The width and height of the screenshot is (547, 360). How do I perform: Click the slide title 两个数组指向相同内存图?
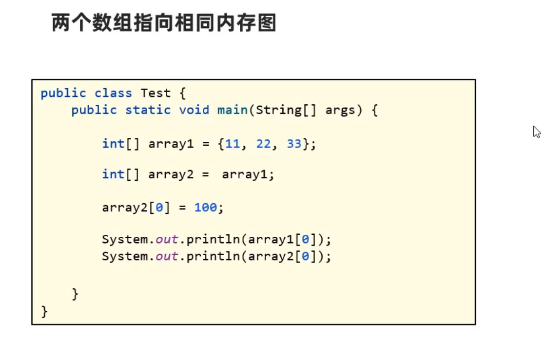tap(164, 23)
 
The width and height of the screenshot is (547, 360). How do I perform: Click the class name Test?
tap(156, 93)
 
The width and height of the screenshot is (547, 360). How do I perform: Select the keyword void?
tap(194, 110)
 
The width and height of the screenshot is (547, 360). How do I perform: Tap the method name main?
tap(233, 110)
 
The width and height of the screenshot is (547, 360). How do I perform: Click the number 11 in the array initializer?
tap(233, 144)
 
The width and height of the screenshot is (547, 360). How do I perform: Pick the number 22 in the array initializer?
tap(263, 144)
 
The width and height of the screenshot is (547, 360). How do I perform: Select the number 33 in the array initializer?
tap(294, 144)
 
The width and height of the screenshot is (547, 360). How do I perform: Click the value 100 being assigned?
tap(205, 208)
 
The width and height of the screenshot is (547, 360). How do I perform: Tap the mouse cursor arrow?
tap(536, 132)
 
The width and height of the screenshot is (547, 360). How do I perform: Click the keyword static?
tap(148, 110)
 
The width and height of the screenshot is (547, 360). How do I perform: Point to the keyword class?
tap(113, 93)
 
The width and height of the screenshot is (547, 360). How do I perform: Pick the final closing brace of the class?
tap(44, 311)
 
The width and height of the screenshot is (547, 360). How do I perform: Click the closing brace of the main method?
tap(75, 294)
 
